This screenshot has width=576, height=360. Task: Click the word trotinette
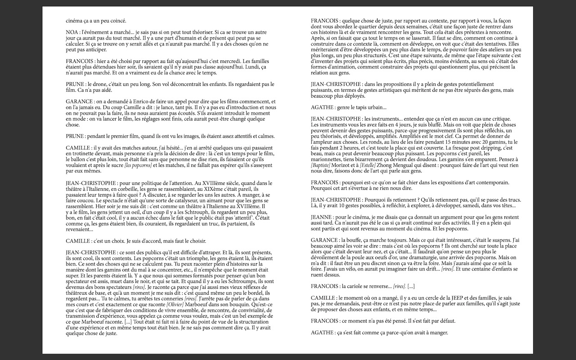coord(78,153)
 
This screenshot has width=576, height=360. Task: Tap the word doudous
coord(439,154)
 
